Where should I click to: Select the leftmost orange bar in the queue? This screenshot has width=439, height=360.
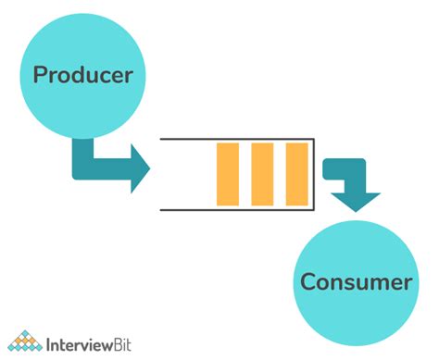(227, 174)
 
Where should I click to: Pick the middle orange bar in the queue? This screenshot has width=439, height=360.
(262, 174)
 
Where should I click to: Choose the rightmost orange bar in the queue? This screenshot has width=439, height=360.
(296, 174)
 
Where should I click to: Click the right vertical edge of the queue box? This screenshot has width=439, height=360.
(313, 174)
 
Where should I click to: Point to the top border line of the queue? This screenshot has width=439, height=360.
(236, 139)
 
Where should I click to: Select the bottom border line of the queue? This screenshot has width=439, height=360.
(236, 210)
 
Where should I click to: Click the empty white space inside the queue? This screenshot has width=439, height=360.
(185, 174)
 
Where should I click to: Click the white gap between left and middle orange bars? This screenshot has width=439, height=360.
(245, 174)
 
